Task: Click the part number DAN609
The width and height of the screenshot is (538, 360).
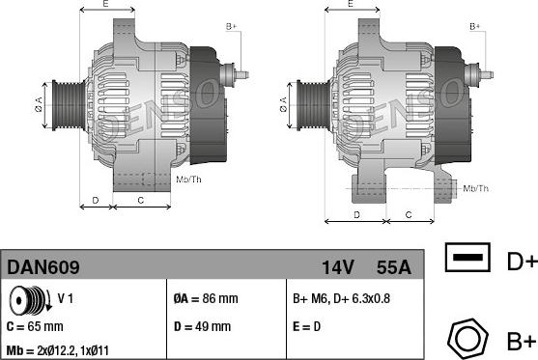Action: click(x=43, y=267)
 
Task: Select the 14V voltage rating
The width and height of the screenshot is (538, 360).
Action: click(x=338, y=267)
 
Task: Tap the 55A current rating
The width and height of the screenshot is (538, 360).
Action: click(x=393, y=267)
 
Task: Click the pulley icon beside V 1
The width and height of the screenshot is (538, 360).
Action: click(x=30, y=300)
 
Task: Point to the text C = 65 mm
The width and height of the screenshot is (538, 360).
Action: click(x=35, y=326)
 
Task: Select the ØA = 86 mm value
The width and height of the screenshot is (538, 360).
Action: click(x=206, y=298)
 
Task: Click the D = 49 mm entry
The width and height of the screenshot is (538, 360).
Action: click(x=202, y=326)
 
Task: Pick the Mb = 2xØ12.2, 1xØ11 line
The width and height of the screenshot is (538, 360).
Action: click(x=58, y=350)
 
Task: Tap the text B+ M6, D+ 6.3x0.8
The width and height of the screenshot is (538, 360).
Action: click(x=341, y=298)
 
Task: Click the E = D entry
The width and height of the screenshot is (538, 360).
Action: click(x=306, y=326)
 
